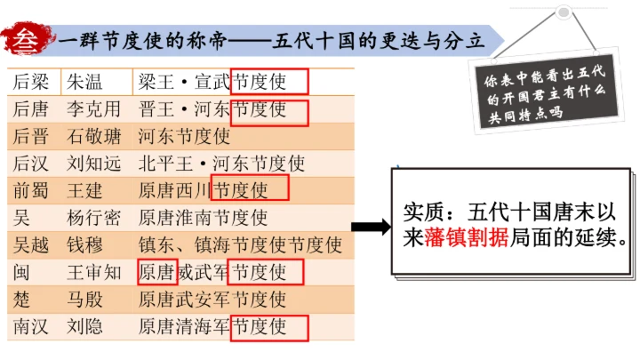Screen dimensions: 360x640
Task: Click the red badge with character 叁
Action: (28, 40)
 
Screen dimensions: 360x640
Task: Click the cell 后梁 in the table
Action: (32, 82)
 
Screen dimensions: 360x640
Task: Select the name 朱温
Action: (84, 82)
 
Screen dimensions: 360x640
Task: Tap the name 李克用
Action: (93, 109)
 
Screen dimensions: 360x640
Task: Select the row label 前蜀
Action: (32, 190)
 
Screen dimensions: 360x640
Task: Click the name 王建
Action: (84, 190)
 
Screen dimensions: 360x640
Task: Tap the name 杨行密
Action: (93, 217)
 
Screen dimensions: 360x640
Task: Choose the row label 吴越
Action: (32, 244)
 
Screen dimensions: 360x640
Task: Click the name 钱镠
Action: (84, 244)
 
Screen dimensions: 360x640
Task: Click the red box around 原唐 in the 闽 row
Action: (156, 271)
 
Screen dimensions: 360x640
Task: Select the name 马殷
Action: (84, 299)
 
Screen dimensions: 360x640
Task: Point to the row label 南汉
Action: (32, 325)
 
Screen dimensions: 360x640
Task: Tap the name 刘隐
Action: (84, 325)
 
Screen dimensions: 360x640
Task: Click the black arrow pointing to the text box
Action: (371, 227)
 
